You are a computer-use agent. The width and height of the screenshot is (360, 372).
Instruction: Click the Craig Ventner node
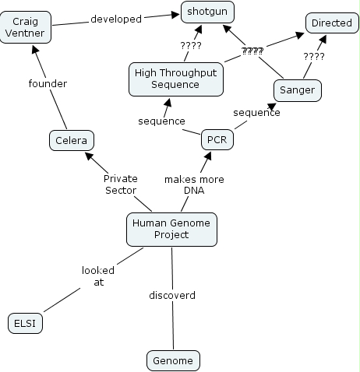[26, 27]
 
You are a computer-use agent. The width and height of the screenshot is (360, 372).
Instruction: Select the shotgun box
[207, 12]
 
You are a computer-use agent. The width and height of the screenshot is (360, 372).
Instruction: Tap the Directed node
[332, 23]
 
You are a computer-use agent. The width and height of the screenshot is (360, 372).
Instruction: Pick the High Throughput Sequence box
[176, 79]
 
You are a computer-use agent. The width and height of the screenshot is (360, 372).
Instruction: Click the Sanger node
[298, 90]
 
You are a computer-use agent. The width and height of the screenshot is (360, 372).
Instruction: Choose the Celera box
[72, 140]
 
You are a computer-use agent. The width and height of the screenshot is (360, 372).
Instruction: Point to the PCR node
[217, 139]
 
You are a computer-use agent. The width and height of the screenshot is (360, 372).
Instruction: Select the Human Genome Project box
[171, 230]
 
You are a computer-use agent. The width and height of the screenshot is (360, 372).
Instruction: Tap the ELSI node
[25, 323]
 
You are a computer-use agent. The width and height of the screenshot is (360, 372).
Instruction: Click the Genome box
[173, 360]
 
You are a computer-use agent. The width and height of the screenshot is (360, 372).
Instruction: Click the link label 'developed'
[116, 19]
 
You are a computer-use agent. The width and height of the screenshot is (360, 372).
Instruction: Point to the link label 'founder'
[48, 83]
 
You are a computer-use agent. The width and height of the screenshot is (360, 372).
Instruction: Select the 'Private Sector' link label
[121, 184]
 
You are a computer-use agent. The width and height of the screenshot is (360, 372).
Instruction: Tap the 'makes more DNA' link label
[194, 184]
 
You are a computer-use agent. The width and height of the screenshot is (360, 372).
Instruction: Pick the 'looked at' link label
[98, 276]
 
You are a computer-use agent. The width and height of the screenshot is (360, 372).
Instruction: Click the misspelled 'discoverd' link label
[172, 295]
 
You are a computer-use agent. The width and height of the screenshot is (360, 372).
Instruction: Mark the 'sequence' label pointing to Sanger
[256, 113]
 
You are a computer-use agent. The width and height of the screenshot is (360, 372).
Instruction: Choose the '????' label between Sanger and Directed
[314, 56]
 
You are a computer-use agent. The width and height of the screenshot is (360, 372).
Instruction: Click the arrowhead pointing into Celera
[90, 156]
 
